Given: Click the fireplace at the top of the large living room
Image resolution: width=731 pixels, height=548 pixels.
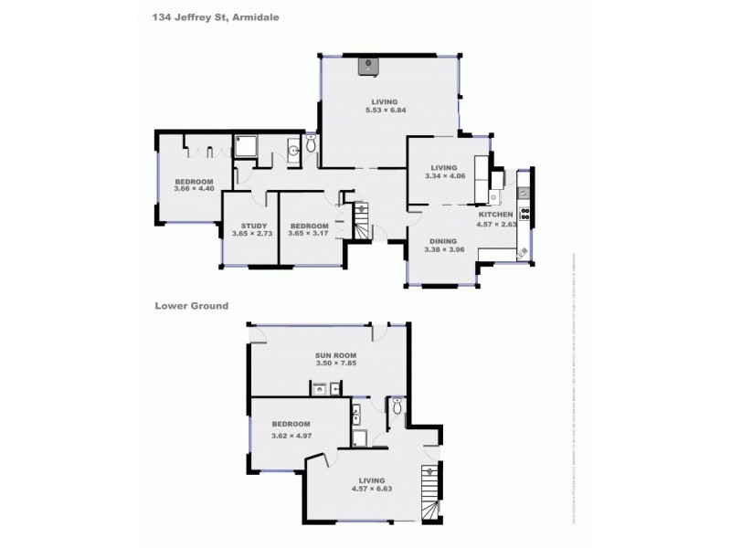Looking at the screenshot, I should coord(369,65).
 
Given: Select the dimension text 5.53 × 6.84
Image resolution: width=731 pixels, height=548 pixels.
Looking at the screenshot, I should coord(384,111).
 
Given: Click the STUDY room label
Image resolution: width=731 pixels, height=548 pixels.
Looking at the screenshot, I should coord(255,226).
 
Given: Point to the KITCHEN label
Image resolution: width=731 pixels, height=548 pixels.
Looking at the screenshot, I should coord(498,214).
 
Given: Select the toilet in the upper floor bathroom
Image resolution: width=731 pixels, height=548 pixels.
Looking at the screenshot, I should coord(311,144).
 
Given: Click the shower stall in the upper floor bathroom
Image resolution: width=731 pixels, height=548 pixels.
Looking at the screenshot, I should coord(246,147).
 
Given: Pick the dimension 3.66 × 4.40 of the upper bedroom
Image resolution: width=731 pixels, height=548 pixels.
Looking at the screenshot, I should coord(195,189).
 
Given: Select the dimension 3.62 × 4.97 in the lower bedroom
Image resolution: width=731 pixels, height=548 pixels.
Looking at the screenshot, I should coord(291,435).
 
